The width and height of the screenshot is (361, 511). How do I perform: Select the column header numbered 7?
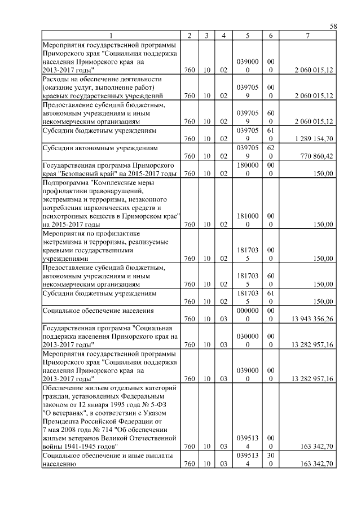tap(307, 36)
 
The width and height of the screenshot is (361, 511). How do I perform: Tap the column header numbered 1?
tap(111, 36)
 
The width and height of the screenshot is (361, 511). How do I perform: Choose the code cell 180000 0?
tap(247, 169)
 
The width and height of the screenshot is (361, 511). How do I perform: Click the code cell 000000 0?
tap(247, 315)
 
